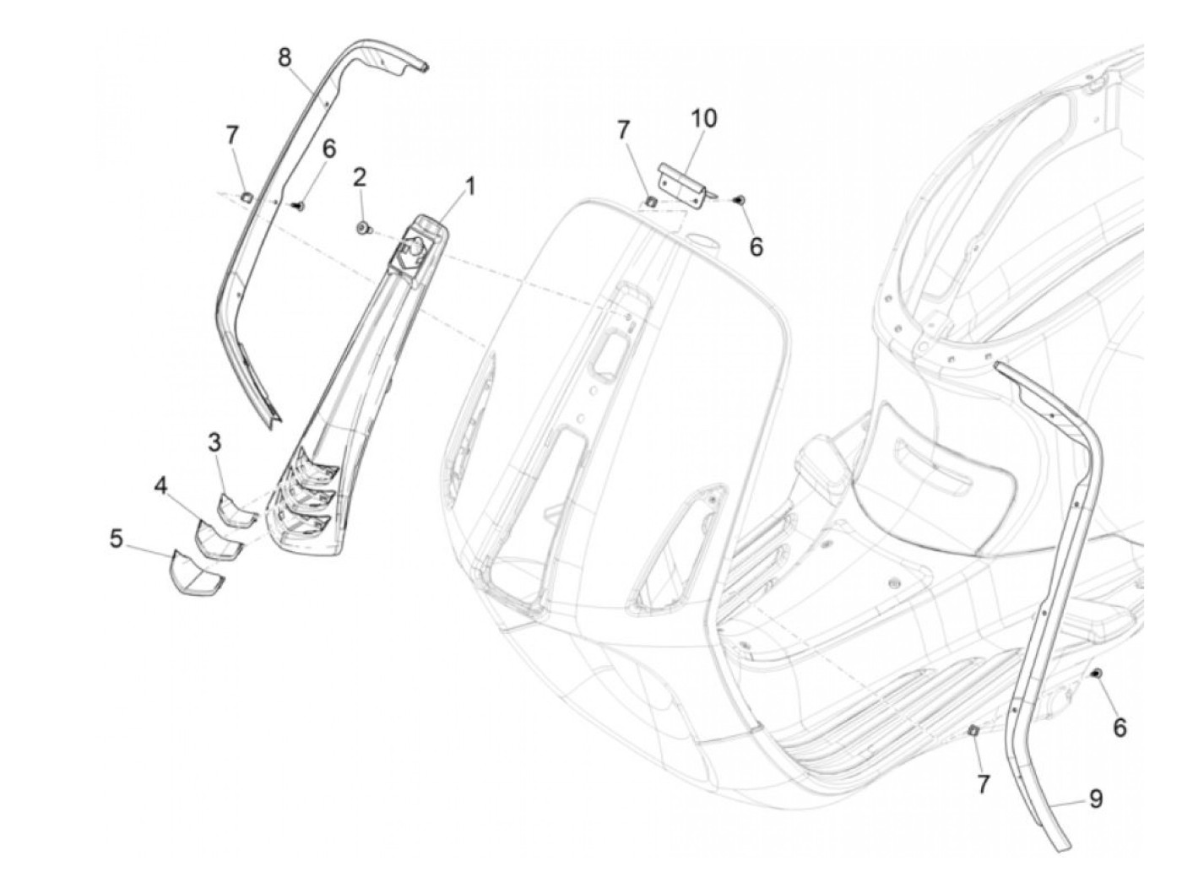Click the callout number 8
(x=285, y=57)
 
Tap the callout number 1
(x=470, y=186)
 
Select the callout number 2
(x=360, y=177)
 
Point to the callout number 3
(x=214, y=441)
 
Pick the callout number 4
(x=160, y=485)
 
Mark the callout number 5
(x=117, y=538)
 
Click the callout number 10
(x=703, y=118)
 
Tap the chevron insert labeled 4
(x=216, y=538)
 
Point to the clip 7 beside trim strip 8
(x=247, y=196)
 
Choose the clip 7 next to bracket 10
(x=652, y=201)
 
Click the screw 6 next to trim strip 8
(x=299, y=204)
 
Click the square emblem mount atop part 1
(x=416, y=247)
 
